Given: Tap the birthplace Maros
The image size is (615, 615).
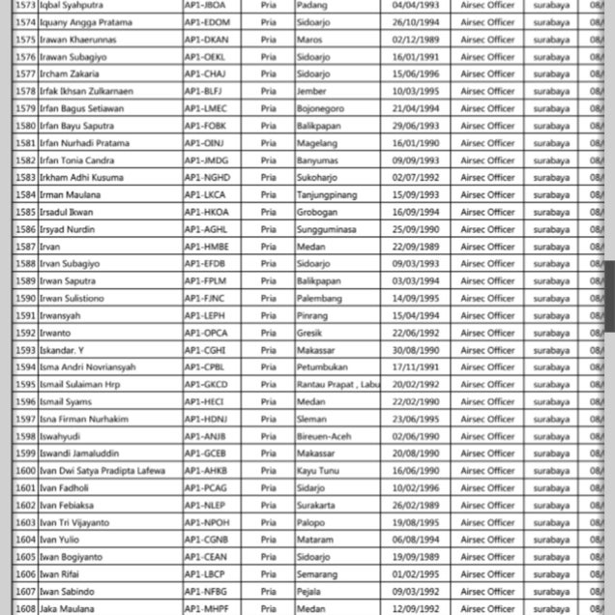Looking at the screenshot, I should coord(310,40).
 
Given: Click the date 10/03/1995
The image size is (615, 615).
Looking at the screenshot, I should coord(416,91).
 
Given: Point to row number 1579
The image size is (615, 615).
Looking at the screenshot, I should coord(25,108).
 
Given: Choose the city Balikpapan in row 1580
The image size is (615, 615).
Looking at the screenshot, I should coord(319,126).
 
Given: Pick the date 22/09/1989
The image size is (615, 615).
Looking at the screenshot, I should coord(416,247).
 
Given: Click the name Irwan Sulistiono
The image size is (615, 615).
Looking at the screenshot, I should coord(73,299).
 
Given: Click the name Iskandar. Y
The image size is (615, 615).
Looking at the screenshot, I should coord(64,350).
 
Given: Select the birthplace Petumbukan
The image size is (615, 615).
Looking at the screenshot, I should coord(323,367).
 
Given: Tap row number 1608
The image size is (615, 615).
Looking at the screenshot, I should coord(25,609).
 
